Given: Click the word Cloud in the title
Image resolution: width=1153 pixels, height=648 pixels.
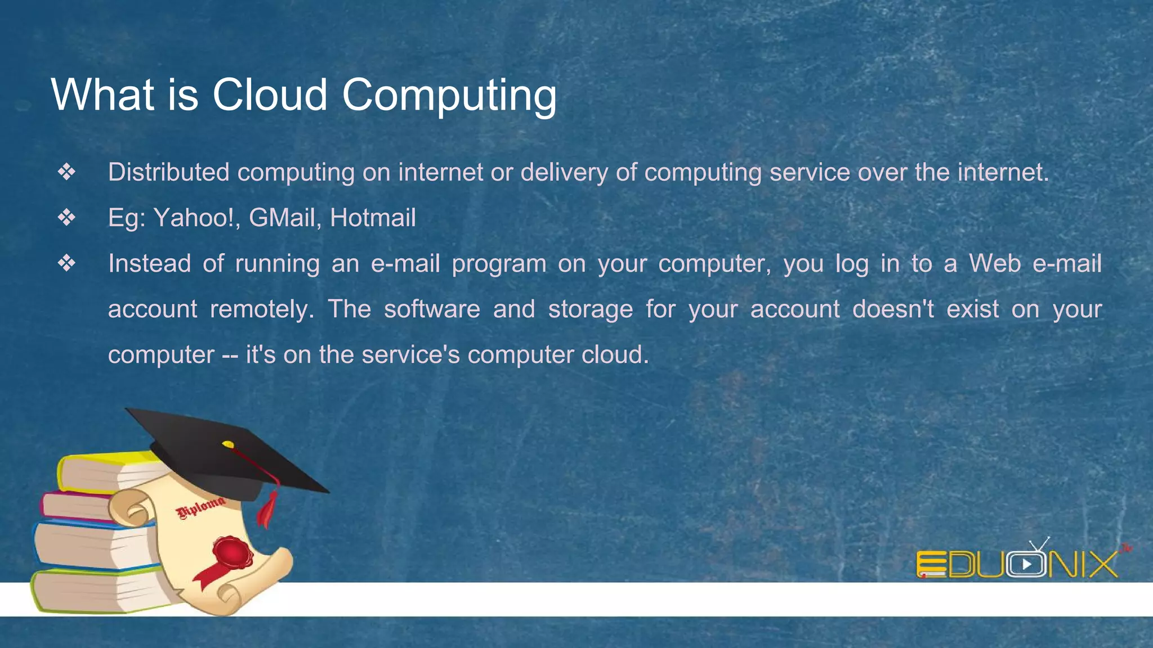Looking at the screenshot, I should click(270, 94).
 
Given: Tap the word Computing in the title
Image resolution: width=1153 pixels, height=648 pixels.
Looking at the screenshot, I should click(449, 96).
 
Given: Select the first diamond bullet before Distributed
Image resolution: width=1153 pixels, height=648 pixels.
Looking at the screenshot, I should click(66, 172).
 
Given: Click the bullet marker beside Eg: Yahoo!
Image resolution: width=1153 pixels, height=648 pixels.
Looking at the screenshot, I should click(66, 217).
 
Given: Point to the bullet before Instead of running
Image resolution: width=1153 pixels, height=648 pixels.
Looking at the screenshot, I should click(66, 263).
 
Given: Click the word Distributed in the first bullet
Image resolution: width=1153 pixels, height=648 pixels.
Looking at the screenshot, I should click(168, 172).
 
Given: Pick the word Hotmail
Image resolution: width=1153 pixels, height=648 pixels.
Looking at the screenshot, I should click(373, 218).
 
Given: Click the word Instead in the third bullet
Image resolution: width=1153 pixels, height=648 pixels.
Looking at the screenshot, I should click(149, 263).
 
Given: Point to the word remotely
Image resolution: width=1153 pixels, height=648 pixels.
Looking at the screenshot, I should click(262, 309).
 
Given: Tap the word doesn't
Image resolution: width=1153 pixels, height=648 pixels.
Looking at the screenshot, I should click(893, 309).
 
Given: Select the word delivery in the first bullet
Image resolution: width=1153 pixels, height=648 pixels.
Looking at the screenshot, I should click(564, 172).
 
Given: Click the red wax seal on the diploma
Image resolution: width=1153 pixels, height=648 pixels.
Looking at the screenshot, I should click(232, 554).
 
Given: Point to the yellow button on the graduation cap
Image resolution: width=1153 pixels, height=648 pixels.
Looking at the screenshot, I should click(228, 444).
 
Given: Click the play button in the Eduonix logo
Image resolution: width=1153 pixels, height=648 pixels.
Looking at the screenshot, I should click(1026, 564).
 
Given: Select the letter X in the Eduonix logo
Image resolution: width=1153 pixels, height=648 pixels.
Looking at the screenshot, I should click(1102, 564).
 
